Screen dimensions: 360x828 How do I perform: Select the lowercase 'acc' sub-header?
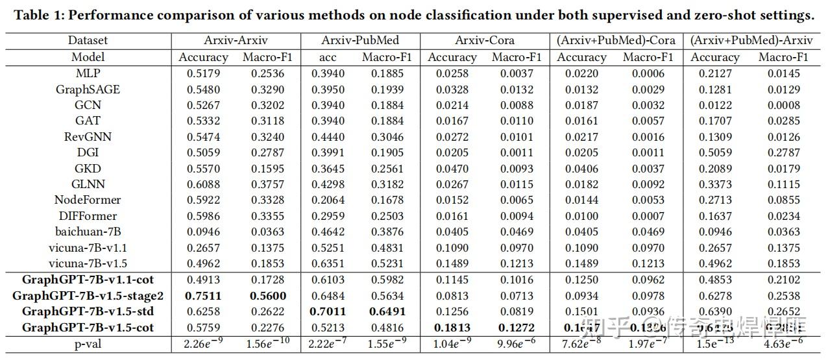tap(328, 57)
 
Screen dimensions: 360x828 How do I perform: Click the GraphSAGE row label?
tap(88, 90)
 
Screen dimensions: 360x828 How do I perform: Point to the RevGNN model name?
tap(88, 137)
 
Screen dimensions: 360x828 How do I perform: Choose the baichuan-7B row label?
tap(88, 232)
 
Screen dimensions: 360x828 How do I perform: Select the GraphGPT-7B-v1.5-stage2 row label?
tap(88, 296)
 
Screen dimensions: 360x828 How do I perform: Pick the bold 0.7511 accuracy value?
tap(203, 296)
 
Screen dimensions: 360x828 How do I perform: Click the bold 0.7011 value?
tap(328, 311)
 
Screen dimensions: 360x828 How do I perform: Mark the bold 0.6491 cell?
tap(388, 311)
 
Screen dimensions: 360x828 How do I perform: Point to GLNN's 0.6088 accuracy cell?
tap(203, 184)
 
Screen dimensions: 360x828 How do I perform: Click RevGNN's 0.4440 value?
tap(328, 137)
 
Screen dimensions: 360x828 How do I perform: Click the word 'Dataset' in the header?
tap(88, 40)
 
